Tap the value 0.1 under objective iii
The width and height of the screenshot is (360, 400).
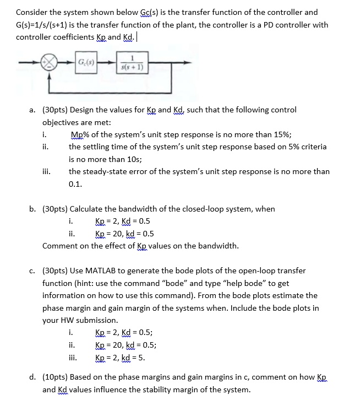pos(75,183)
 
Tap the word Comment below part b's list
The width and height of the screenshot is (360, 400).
pos(60,246)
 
